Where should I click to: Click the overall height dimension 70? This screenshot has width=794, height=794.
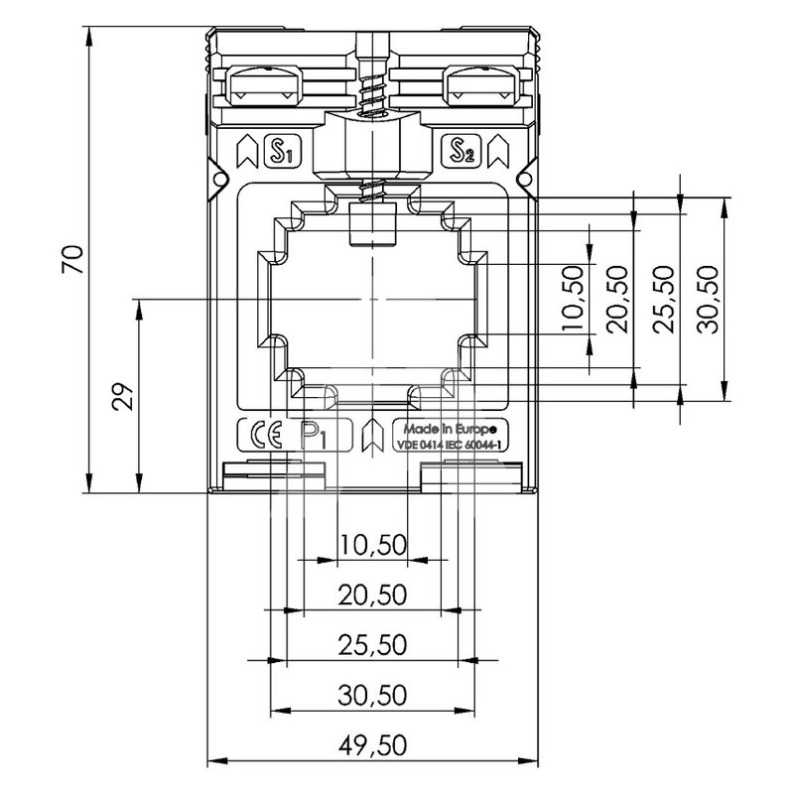click(x=72, y=260)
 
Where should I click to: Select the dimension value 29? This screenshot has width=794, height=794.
click(x=123, y=396)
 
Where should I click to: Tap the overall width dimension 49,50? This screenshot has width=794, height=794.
click(x=373, y=745)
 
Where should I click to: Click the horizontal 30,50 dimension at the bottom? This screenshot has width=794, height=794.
click(x=373, y=696)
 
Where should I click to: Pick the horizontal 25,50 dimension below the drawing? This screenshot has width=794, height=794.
click(x=373, y=645)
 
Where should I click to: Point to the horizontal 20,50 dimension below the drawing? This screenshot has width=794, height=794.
click(x=373, y=595)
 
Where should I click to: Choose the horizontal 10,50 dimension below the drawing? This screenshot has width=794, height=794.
click(x=373, y=545)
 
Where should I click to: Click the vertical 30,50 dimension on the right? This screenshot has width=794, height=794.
click(x=708, y=300)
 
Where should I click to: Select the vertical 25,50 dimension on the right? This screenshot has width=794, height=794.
click(x=663, y=300)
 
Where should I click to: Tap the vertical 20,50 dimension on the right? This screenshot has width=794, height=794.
click(x=617, y=300)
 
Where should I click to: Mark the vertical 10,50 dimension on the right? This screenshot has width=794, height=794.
click(x=574, y=300)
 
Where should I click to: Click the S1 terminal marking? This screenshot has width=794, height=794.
click(x=283, y=151)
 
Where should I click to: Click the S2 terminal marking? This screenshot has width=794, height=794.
click(x=461, y=151)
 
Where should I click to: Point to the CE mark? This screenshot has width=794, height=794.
click(x=266, y=435)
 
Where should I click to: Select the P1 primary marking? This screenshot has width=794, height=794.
click(x=314, y=436)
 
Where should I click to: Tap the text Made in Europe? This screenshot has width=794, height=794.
click(x=450, y=430)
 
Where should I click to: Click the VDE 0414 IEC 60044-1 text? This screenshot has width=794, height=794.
click(x=450, y=445)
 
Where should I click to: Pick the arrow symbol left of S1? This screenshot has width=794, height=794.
click(x=247, y=151)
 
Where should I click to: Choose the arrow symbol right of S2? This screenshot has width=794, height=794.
click(x=498, y=151)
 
